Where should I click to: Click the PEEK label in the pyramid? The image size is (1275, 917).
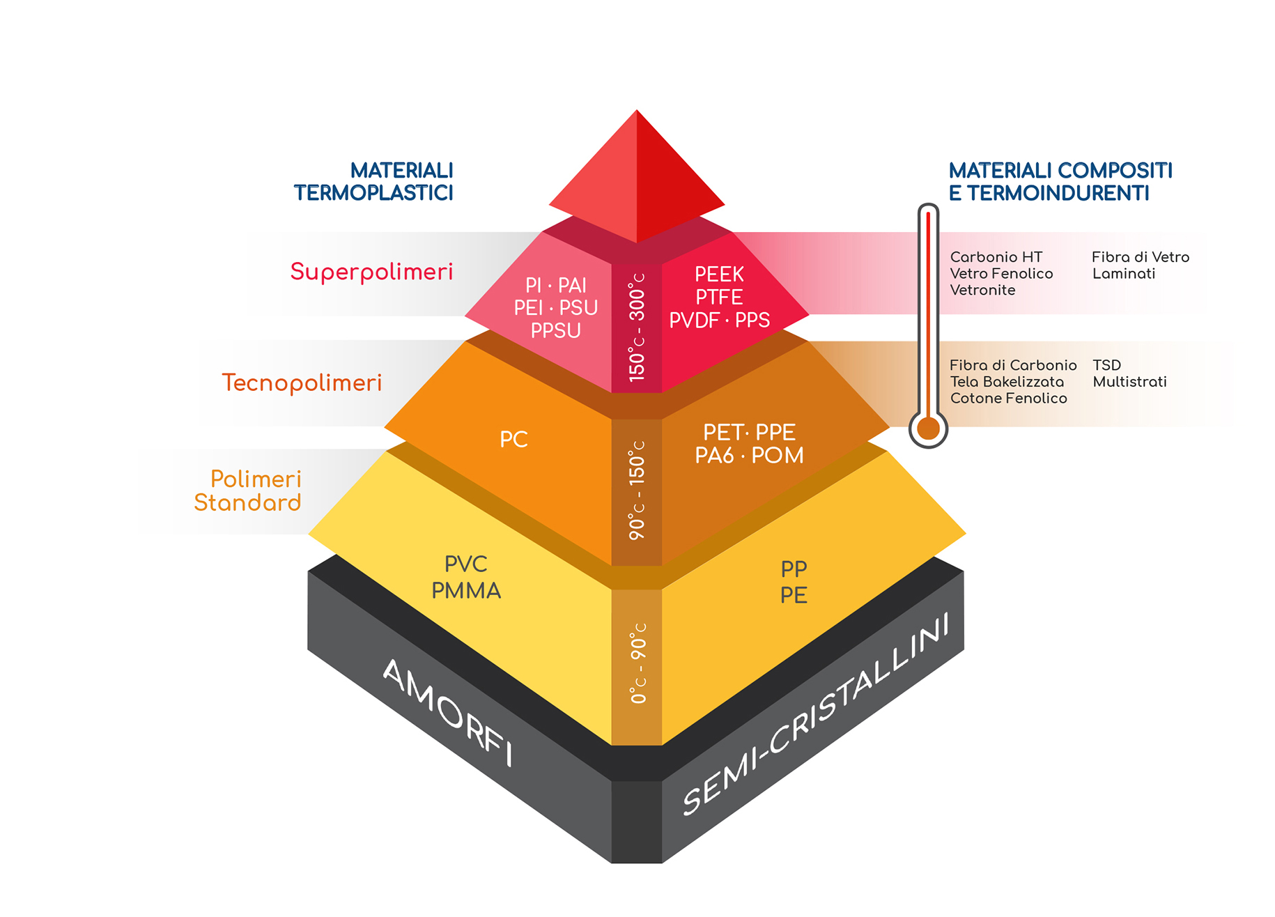pos(719,274)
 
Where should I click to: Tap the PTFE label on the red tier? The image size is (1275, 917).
pos(719,297)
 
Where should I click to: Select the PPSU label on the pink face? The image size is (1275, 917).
pos(555,330)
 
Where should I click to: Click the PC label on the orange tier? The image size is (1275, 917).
pos(513,440)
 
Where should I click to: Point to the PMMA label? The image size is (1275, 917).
pos(466,591)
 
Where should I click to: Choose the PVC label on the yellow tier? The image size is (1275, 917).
pos(466,564)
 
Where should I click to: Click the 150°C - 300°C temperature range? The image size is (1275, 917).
pos(637,327)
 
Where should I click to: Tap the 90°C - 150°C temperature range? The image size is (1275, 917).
pos(637,490)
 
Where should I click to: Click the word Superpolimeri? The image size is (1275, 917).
pos(371,272)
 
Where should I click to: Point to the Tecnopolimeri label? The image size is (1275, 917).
pos(302,383)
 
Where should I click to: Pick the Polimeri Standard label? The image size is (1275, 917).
pos(248,491)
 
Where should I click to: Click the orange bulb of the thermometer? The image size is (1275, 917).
pos(928,428)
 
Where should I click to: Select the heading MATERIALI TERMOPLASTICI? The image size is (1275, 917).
pos(374,182)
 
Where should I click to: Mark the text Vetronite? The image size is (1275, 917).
pos(982,290)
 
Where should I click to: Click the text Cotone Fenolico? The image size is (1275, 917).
pos(1008,398)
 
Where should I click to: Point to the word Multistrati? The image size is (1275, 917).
pos(1129,382)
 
